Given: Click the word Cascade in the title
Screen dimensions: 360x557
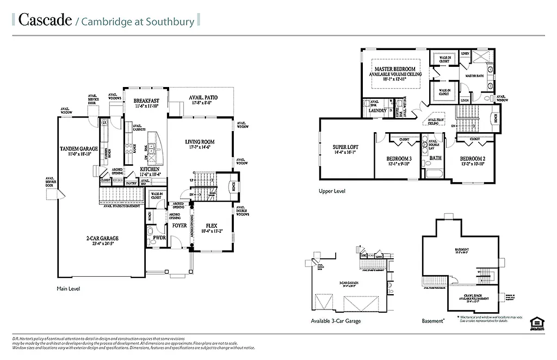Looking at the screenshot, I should point(45,20).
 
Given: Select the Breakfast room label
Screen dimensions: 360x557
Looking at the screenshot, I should point(146,101).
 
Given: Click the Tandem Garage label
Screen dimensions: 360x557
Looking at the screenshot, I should point(79,148).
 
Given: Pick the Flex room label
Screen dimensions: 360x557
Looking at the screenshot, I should point(212,225).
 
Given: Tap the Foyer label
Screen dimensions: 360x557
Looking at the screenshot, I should point(180,225).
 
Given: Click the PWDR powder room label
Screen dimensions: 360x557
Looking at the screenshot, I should point(160,238).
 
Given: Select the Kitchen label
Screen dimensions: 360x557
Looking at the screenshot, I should point(150,170).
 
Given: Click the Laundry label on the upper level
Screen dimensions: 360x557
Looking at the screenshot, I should point(377,111).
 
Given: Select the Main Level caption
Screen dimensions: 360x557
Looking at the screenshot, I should point(69,288).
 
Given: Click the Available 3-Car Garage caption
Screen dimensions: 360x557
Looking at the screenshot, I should point(335,321).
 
